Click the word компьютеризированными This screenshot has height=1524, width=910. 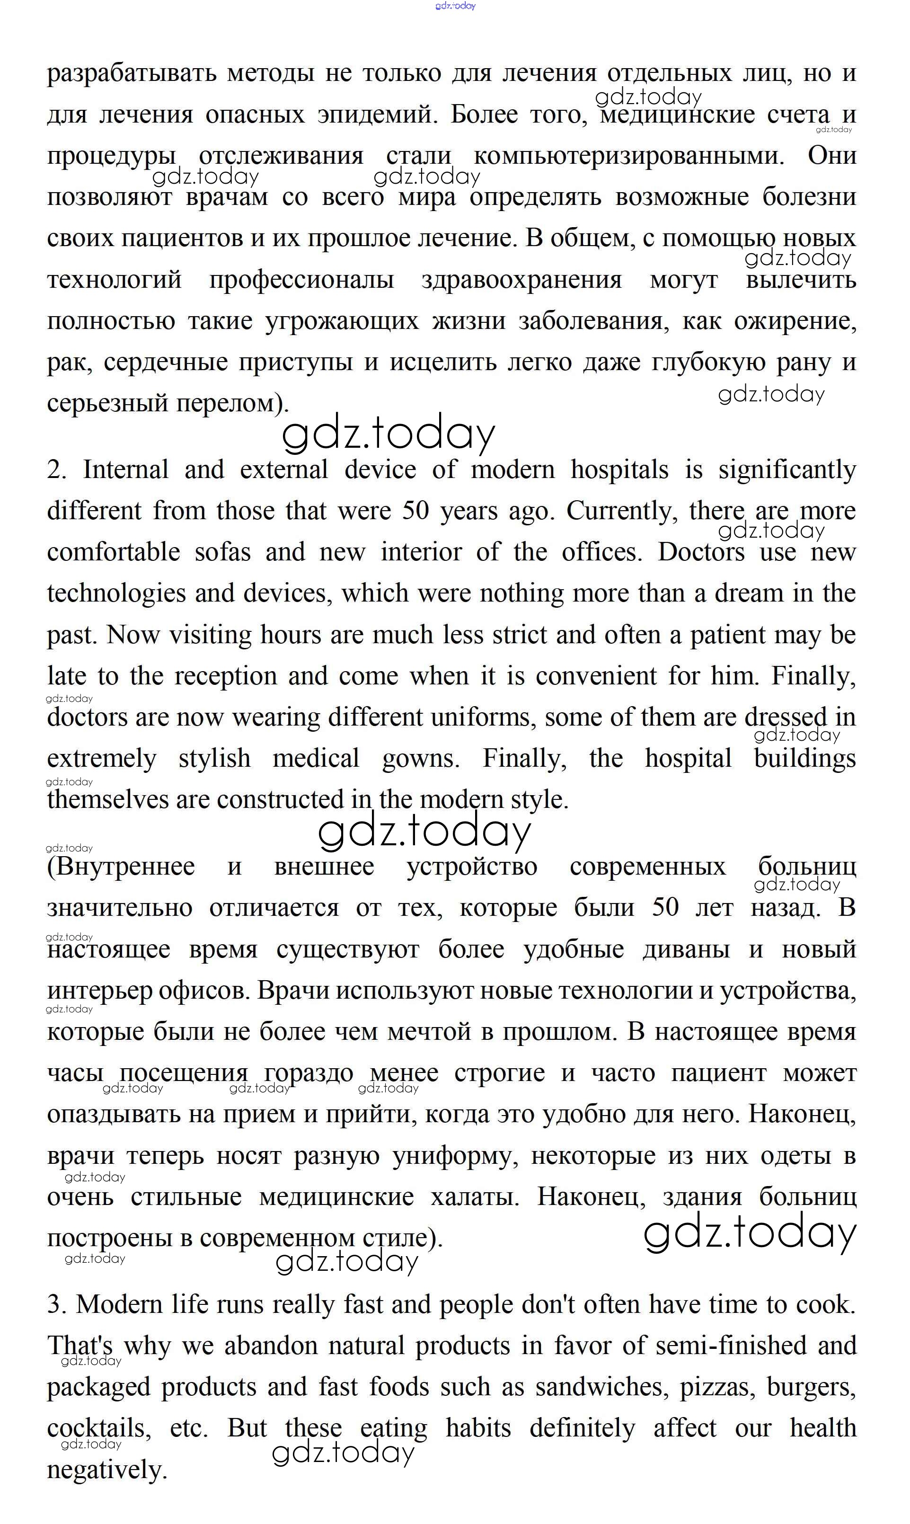[628, 156]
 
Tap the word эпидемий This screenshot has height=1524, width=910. [377, 115]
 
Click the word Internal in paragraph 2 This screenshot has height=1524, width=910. [126, 470]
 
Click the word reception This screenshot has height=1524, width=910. [226, 676]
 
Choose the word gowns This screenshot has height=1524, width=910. [421, 759]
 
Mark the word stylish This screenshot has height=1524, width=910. [214, 759]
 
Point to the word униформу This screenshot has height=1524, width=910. [456, 1156]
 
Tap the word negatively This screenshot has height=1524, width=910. [107, 1470]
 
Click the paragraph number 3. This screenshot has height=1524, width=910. [56, 1304]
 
